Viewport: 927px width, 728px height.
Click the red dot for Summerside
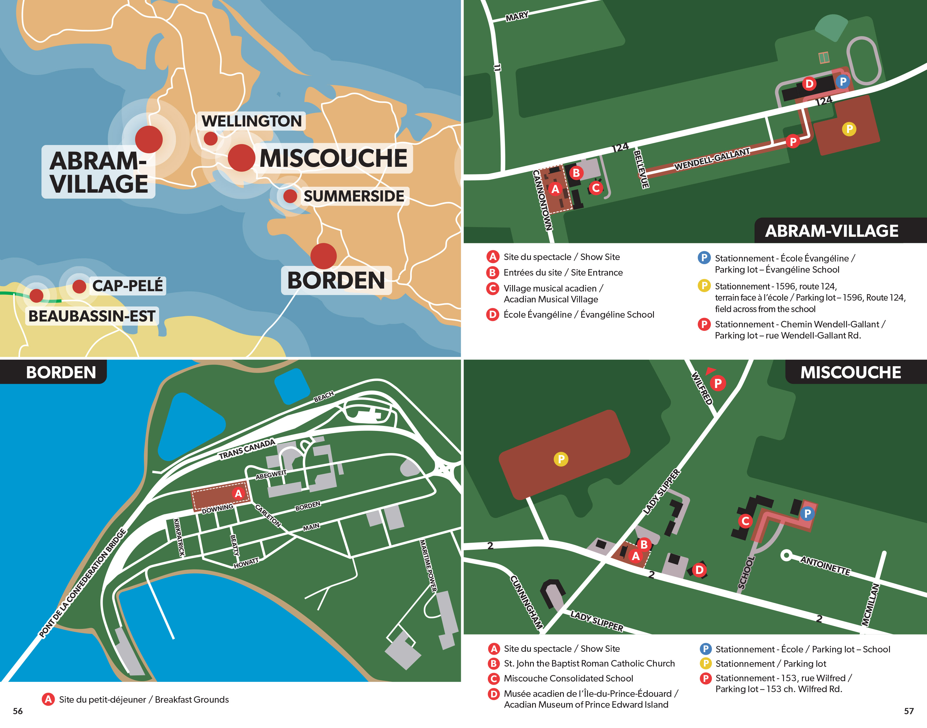click(290, 196)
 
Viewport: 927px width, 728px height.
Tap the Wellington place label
click(252, 121)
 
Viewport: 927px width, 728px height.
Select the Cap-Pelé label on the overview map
click(127, 286)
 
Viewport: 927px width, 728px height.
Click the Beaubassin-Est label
click(92, 316)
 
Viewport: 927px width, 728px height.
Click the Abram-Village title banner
click(831, 231)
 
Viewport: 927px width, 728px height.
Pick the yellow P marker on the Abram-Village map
click(849, 129)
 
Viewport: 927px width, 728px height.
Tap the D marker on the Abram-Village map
click(809, 84)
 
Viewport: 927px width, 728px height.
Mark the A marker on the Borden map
click(238, 494)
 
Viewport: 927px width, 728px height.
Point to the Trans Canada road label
click(247, 449)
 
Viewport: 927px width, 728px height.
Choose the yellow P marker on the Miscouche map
click(561, 459)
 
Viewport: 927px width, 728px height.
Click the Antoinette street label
click(825, 566)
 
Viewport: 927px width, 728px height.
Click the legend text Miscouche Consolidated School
click(568, 678)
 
